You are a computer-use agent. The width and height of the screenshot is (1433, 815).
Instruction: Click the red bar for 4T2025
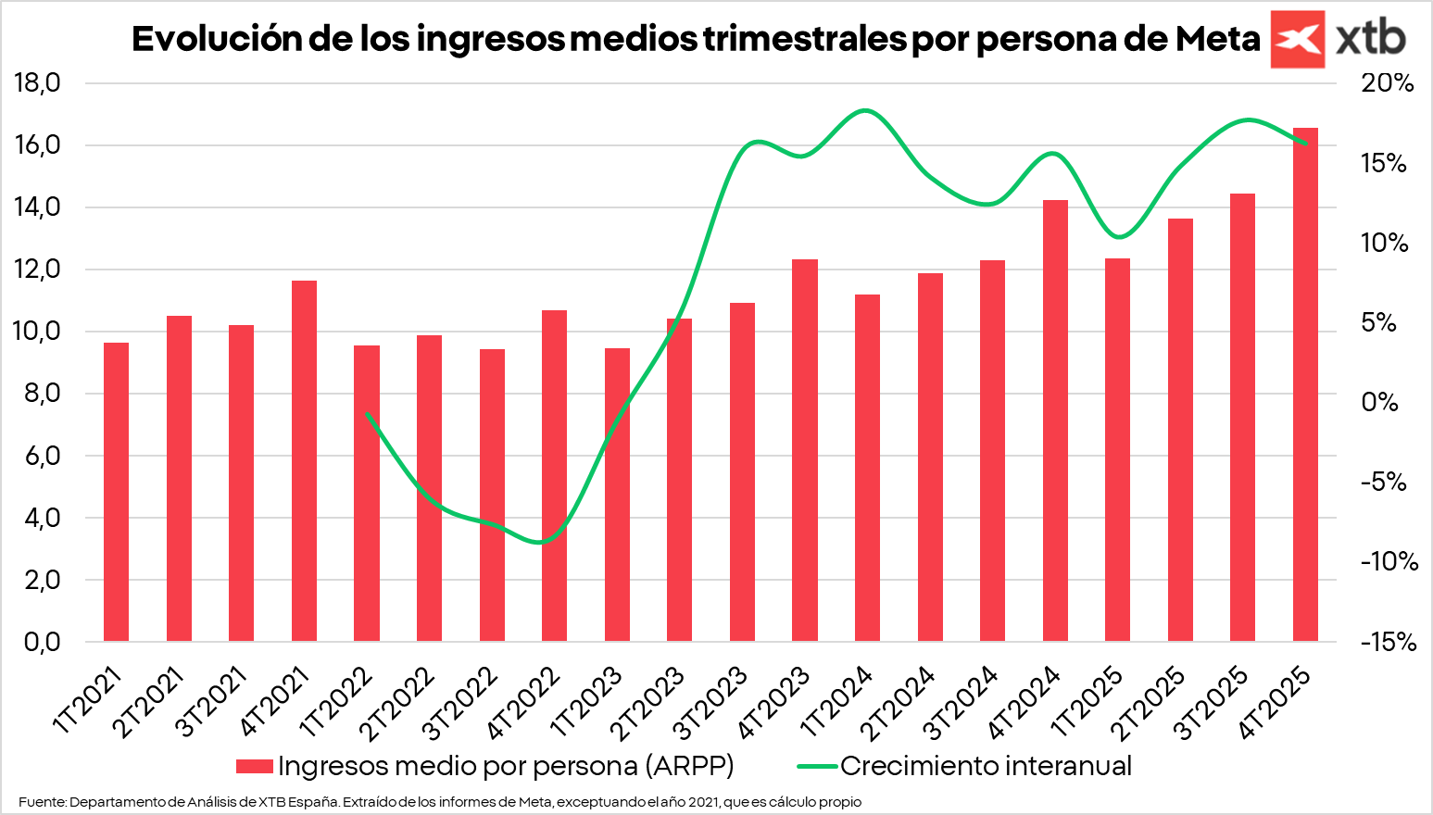point(1305,384)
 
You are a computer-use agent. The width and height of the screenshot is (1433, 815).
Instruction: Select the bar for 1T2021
point(116,492)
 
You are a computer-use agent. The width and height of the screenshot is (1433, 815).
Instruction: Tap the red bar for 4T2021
point(304,460)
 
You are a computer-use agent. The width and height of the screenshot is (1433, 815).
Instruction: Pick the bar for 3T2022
point(492,495)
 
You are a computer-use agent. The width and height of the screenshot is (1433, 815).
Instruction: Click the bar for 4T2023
point(805,450)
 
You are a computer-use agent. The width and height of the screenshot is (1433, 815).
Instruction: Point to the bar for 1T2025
point(1117,449)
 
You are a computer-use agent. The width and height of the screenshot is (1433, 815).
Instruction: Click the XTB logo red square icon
point(1297,39)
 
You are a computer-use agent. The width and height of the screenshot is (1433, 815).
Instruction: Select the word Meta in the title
point(1217,39)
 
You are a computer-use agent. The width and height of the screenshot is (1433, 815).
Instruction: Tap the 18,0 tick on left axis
point(38,83)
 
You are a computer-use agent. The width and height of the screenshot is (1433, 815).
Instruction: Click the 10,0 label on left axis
point(38,332)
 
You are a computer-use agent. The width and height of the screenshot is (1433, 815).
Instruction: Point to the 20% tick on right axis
point(1387,83)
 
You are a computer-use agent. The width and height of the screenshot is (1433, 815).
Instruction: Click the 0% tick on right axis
point(1379,402)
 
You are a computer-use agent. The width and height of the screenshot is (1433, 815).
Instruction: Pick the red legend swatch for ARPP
point(254,766)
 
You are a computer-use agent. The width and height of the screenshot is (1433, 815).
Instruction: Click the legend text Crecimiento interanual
point(986,766)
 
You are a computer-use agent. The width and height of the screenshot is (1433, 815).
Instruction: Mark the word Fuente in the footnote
point(42,802)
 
